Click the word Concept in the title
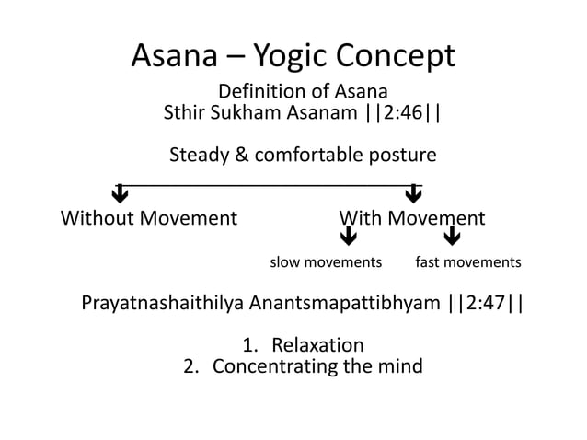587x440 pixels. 397,56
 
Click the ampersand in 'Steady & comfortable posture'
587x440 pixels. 241,155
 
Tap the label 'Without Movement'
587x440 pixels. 148,219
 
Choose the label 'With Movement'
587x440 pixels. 411,219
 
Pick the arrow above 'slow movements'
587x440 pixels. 348,239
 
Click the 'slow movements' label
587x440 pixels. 325,263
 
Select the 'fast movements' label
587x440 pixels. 467,263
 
